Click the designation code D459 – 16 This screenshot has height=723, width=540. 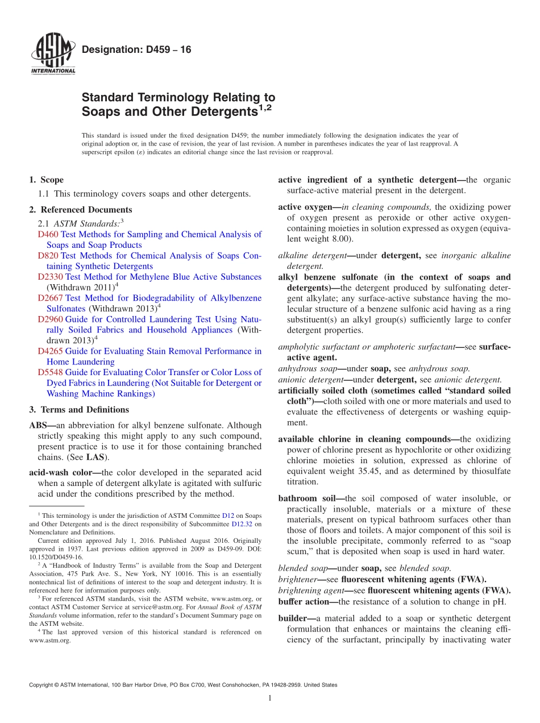pyautogui.click(x=136, y=50)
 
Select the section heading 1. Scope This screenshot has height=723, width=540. pyautogui.click(x=46, y=180)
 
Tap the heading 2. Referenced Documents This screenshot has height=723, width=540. pyautogui.click(x=80, y=210)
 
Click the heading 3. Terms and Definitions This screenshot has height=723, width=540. pyautogui.click(x=79, y=410)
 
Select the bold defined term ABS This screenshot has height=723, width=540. pyautogui.click(x=39, y=425)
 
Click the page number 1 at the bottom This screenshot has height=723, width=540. pyautogui.click(x=270, y=698)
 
